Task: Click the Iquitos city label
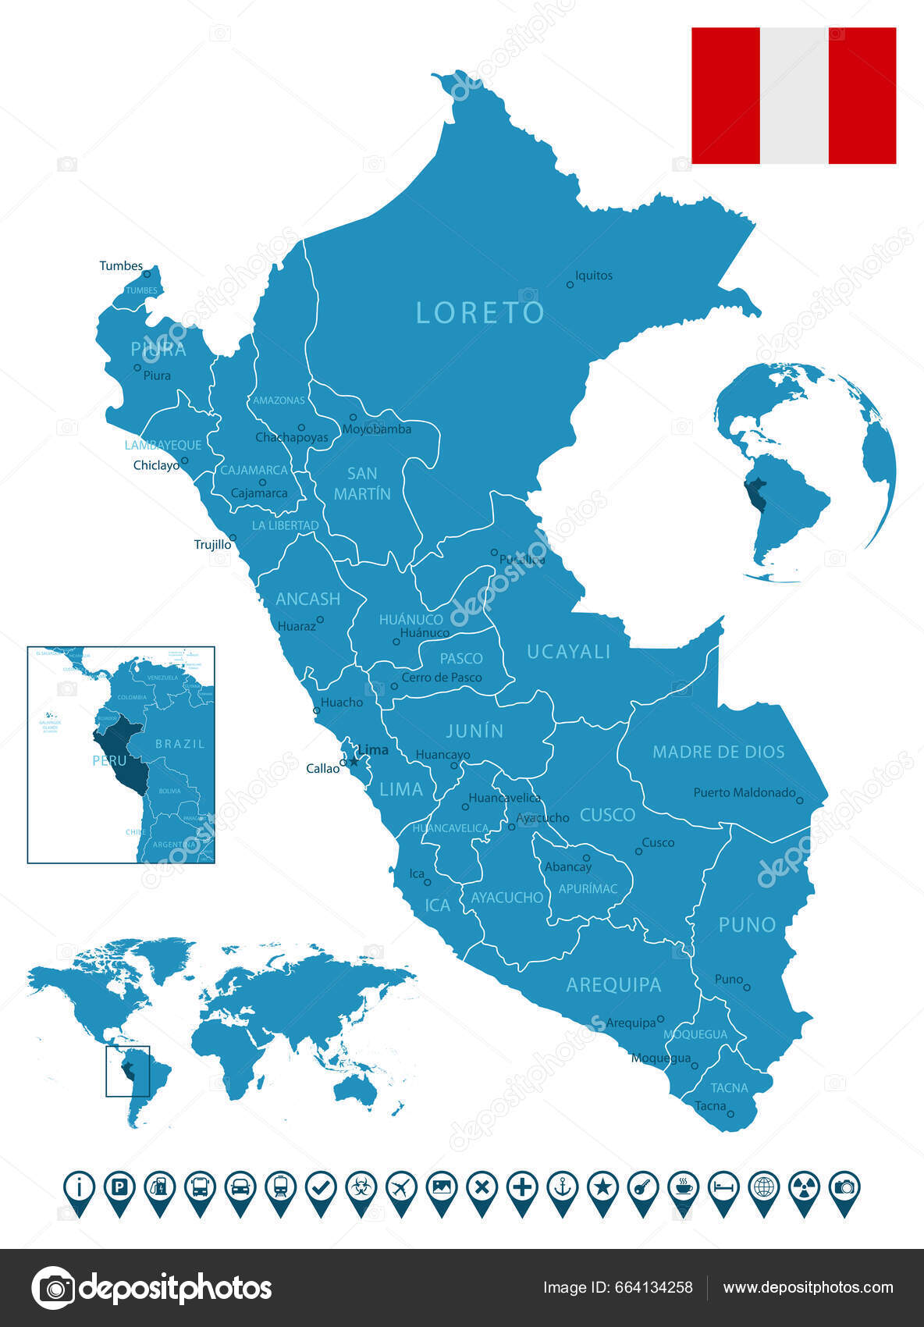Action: pyautogui.click(x=594, y=276)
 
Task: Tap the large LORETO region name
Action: pyautogui.click(x=480, y=313)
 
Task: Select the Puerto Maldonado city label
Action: pyautogui.click(x=744, y=792)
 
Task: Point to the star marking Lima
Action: pyautogui.click(x=353, y=761)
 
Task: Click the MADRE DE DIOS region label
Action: pyautogui.click(x=718, y=752)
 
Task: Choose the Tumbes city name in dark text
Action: pyautogui.click(x=121, y=266)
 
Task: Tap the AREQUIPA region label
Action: pyautogui.click(x=613, y=985)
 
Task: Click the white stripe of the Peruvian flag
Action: pyautogui.click(x=794, y=95)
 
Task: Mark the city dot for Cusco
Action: pyautogui.click(x=638, y=852)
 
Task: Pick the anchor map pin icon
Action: pyautogui.click(x=562, y=1188)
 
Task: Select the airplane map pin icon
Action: pyautogui.click(x=401, y=1188)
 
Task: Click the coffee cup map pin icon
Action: pyautogui.click(x=684, y=1188)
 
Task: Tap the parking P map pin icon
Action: pyautogui.click(x=119, y=1188)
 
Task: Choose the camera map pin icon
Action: pyautogui.click(x=844, y=1188)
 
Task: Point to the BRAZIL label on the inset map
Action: pyautogui.click(x=179, y=744)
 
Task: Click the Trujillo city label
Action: pyautogui.click(x=212, y=545)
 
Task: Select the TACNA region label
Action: pyautogui.click(x=729, y=1087)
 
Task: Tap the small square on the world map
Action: pyautogui.click(x=127, y=1071)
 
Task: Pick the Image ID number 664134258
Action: pyautogui.click(x=661, y=1288)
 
